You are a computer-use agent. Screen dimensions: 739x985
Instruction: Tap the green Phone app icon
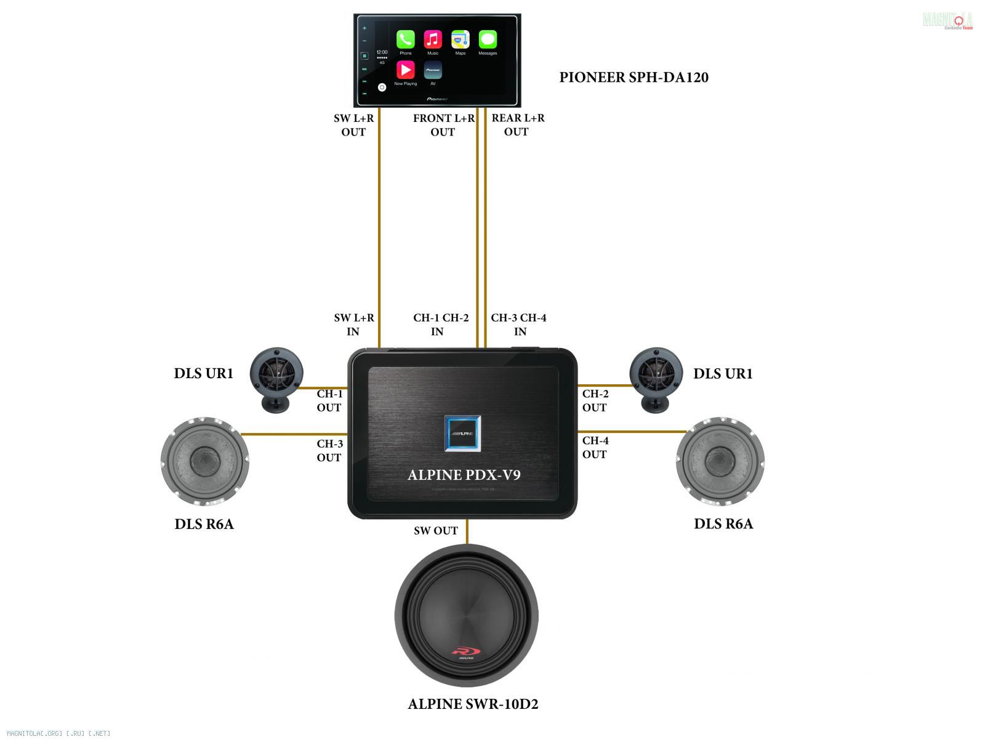[405, 39]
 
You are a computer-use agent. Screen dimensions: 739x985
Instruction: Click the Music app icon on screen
[433, 39]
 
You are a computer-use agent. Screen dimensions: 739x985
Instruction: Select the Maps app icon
[460, 39]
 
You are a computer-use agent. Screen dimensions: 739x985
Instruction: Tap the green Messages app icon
[488, 39]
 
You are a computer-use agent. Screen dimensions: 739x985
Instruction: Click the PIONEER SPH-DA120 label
[633, 78]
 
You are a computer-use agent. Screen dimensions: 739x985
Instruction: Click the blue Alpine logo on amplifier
[462, 434]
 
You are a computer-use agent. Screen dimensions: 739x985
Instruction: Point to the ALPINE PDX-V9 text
[464, 475]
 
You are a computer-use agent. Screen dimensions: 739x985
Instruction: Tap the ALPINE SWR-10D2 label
[473, 704]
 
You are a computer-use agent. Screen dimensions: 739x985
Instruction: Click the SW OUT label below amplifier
[436, 531]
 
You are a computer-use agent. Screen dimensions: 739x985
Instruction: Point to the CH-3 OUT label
[329, 450]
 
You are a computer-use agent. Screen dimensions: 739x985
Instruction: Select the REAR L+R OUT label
[518, 124]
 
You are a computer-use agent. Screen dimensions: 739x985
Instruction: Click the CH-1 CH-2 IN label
[440, 325]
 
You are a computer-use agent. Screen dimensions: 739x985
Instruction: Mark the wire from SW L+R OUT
[379, 228]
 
